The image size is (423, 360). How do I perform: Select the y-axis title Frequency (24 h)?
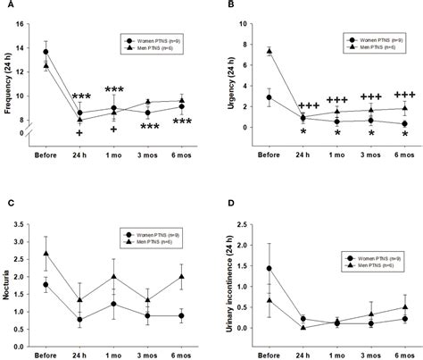coord(7,80)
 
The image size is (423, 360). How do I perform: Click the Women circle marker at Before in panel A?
coord(46,51)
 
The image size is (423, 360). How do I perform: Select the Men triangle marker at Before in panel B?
coord(270,51)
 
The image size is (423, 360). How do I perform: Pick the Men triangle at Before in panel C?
coord(46,253)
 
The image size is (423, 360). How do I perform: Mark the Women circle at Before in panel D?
coord(270,268)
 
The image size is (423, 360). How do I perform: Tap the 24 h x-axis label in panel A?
coord(80,151)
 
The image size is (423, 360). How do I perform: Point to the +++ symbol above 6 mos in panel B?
coord(403,95)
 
